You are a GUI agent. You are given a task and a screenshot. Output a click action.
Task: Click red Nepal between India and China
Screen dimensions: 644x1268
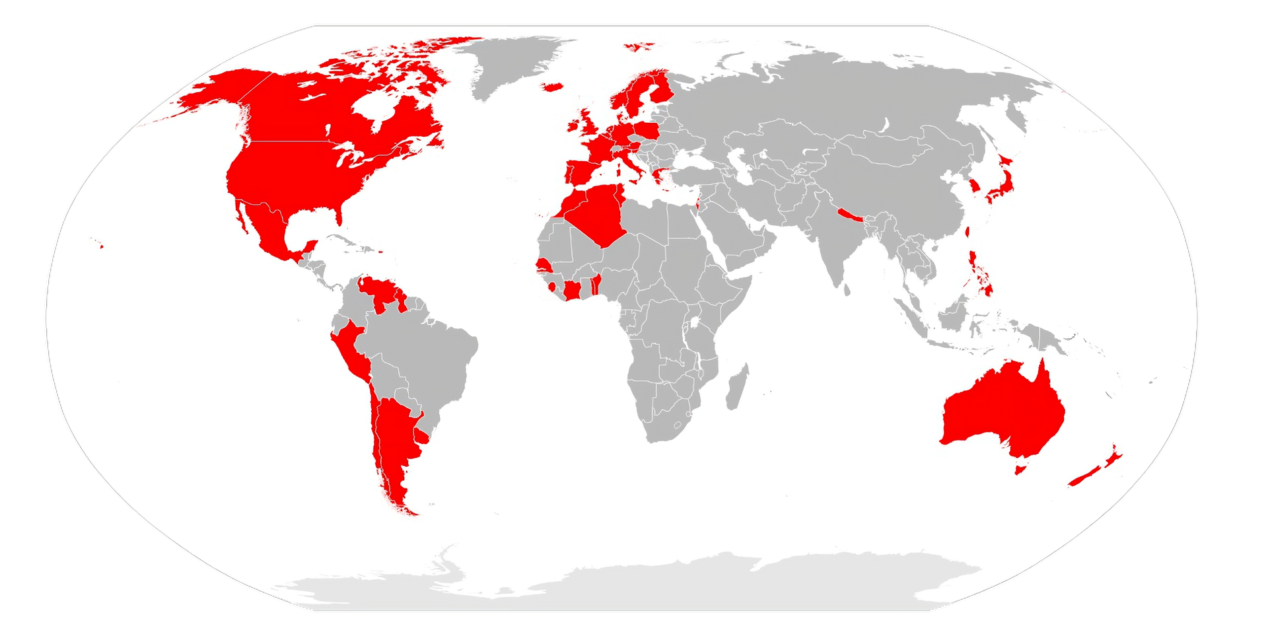[x=849, y=215]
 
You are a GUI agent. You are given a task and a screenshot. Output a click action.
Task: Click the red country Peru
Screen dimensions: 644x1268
[x=351, y=350]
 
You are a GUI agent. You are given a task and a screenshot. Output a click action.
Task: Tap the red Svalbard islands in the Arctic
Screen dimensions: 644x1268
[x=639, y=46]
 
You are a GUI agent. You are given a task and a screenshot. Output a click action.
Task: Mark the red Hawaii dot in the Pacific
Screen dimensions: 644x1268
[x=101, y=246]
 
